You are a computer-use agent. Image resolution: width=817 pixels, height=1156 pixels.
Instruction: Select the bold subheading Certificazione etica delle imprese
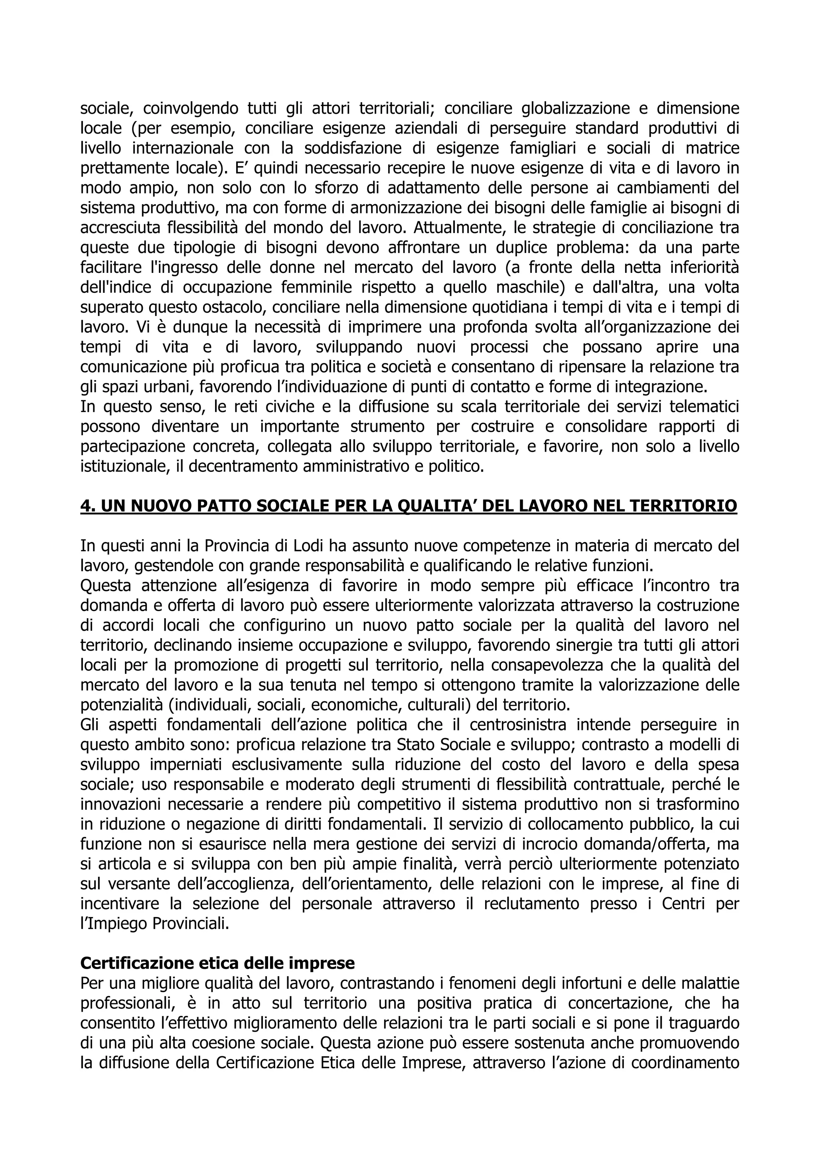tap(217, 963)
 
